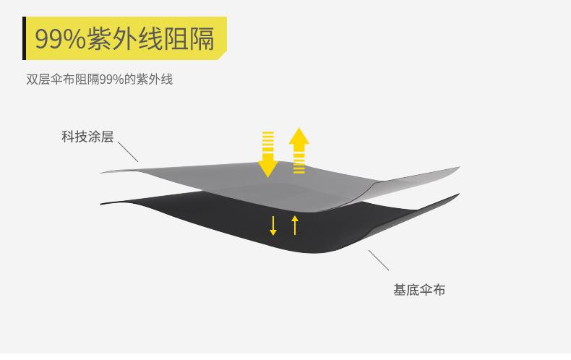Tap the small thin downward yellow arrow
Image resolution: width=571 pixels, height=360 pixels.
(x=273, y=225)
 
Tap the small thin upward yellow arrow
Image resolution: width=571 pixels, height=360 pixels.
(x=295, y=224)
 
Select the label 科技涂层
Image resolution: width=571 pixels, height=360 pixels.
(x=87, y=137)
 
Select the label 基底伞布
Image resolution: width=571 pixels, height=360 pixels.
(x=419, y=290)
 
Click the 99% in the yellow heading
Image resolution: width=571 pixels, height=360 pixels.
(x=59, y=39)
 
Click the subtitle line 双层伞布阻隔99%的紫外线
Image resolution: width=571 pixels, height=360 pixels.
(x=100, y=80)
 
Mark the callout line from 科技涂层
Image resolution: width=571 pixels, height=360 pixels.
(x=127, y=152)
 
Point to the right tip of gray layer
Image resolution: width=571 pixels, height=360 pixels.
(x=457, y=168)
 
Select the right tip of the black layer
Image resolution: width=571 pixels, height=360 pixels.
(x=457, y=195)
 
